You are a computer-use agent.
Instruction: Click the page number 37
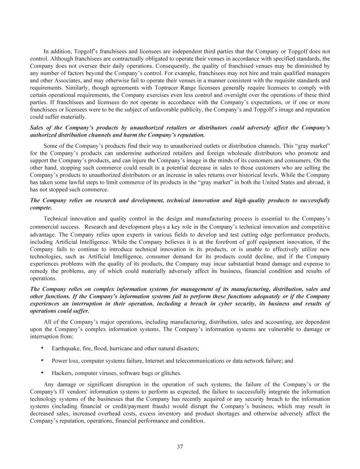click(180, 446)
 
